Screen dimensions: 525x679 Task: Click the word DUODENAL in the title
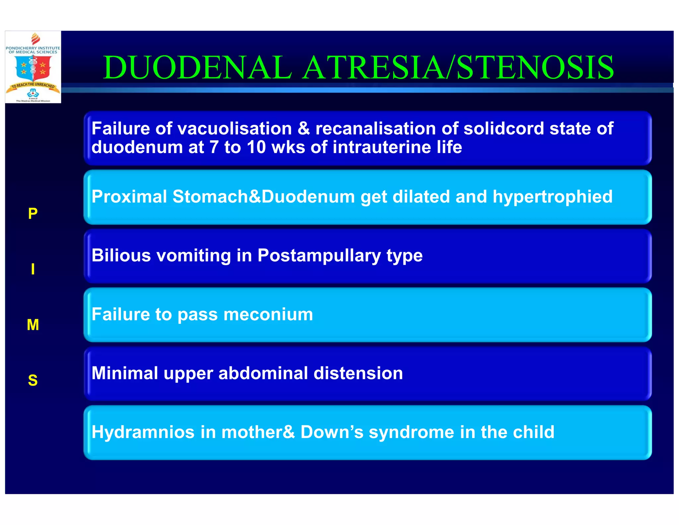198,68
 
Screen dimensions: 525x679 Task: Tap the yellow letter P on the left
33,213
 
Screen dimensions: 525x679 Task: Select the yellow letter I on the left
33,269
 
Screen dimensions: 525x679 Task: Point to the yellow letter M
33,325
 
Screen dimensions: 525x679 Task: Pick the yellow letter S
33,380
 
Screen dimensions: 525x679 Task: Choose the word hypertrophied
552,196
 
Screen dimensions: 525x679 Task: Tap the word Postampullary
319,256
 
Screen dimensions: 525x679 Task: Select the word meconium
268,314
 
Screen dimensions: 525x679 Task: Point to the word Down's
332,432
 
